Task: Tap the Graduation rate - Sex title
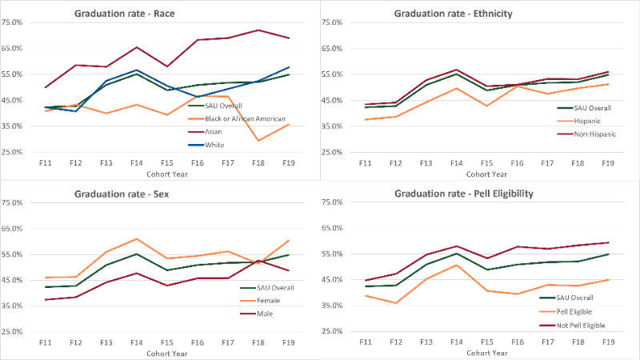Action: [x=121, y=194]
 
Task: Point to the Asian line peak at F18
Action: [x=258, y=30]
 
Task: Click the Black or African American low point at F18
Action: [x=258, y=140]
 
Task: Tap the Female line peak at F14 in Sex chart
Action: [x=137, y=238]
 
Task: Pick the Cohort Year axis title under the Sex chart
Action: [x=166, y=353]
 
